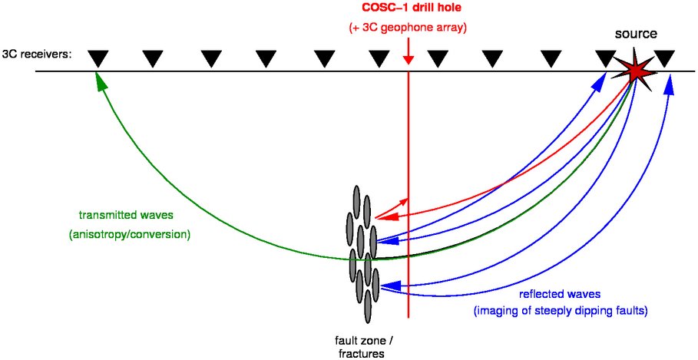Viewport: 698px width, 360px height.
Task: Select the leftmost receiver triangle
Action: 98,58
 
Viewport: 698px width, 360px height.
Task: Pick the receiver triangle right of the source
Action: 665,58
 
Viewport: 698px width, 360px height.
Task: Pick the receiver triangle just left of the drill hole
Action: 379,58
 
